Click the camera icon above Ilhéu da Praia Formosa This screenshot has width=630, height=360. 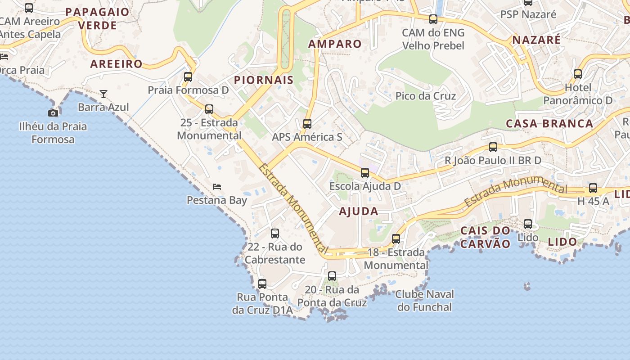tap(53, 113)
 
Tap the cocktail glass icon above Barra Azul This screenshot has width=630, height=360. tap(103, 94)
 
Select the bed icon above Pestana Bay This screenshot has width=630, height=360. tap(217, 186)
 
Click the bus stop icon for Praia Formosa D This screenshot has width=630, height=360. tap(188, 77)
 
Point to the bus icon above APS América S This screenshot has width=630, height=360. tap(307, 124)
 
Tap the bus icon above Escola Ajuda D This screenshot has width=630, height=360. tap(365, 173)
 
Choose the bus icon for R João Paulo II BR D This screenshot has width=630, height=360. tap(493, 147)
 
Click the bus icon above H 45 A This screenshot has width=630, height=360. tap(593, 188)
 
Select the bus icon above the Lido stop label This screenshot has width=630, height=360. tap(528, 224)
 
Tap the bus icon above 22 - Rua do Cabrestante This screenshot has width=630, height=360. tap(275, 234)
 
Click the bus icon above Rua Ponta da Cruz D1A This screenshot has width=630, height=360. tap(262, 284)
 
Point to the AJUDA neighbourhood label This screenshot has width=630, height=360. tap(359, 211)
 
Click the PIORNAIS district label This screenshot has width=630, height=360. tap(264, 81)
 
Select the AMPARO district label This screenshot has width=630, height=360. tap(335, 44)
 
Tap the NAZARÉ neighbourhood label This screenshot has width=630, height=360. tap(537, 40)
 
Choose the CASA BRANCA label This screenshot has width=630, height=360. tap(549, 124)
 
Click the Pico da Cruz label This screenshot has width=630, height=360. tap(426, 96)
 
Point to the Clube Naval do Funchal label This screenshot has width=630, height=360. tap(424, 301)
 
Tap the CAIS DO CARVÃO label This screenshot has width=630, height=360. tap(486, 238)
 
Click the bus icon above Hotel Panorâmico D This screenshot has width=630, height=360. tap(578, 74)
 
